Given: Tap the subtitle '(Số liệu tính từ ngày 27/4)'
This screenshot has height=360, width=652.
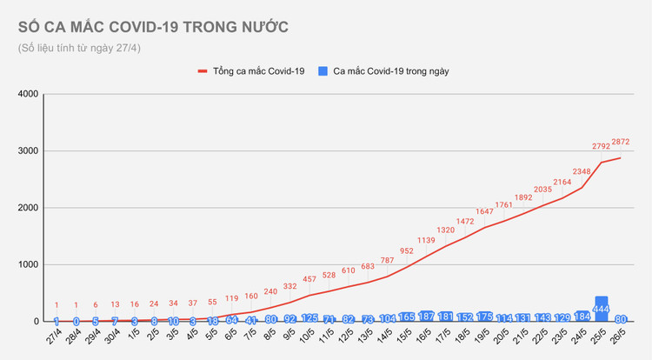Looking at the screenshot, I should (x=79, y=48).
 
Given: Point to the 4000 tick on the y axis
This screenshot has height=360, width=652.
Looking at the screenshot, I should (x=27, y=94).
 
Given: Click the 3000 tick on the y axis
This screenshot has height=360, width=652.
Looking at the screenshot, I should (x=27, y=151).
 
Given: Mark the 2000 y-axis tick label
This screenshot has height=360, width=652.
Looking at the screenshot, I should (x=27, y=208).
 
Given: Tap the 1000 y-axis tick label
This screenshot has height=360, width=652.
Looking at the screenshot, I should (x=27, y=265).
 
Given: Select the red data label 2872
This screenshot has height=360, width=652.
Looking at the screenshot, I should (x=621, y=142).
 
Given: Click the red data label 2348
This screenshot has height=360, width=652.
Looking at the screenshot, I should (x=582, y=171).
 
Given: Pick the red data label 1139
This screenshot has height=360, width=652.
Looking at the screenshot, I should (x=426, y=241).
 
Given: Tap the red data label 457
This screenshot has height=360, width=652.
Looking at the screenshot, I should (x=309, y=279).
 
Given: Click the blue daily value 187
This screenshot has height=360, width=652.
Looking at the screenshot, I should (x=426, y=317).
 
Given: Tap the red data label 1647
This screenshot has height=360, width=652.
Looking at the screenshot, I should (x=484, y=211).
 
